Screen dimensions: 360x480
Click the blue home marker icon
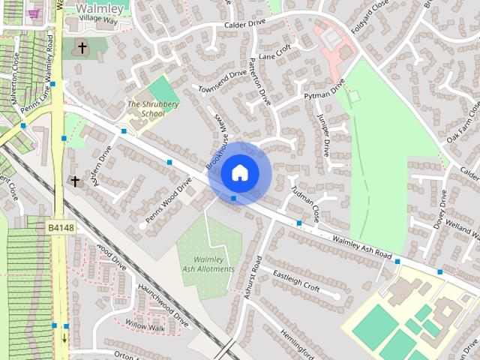[238, 172]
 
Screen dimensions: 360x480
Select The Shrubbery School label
[145, 109]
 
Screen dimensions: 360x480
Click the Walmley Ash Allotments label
[208, 264]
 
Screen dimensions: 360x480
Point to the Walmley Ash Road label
[352, 248]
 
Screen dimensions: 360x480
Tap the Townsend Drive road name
[222, 82]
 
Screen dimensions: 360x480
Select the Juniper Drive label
[324, 135]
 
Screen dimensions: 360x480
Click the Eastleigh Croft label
[295, 280]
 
